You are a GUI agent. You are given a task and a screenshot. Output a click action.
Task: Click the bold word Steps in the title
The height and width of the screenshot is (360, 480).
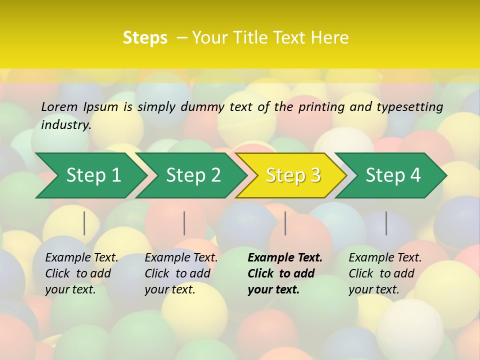pos(145,37)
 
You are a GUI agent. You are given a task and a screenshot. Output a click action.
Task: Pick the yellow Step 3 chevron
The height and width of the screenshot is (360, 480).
pos(293,175)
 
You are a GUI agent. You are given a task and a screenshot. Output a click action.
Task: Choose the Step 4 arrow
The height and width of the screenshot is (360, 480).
pos(393,175)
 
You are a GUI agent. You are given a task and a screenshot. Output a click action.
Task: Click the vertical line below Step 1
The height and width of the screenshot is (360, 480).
pos(84,223)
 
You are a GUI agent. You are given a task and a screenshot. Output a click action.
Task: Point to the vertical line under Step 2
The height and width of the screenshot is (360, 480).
pos(184,223)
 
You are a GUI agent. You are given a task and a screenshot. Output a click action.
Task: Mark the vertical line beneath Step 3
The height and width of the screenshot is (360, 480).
pos(285,223)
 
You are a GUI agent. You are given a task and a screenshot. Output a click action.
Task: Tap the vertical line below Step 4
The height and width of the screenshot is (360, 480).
pos(386,223)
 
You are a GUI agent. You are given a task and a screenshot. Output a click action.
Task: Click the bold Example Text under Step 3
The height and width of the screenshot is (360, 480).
pos(285,257)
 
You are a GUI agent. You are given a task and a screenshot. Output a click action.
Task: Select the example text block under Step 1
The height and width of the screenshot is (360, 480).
pos(81,273)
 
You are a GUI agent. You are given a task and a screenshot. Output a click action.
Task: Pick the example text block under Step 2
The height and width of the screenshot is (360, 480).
pos(181,273)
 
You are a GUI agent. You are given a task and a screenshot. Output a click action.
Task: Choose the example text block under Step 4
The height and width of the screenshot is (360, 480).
pos(385,273)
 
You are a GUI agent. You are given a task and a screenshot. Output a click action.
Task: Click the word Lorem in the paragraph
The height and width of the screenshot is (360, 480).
pos(59,106)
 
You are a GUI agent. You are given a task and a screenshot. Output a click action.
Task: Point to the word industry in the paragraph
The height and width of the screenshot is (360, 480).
pos(66,124)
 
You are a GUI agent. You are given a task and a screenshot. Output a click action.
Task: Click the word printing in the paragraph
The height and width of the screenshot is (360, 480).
pos(320,106)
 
